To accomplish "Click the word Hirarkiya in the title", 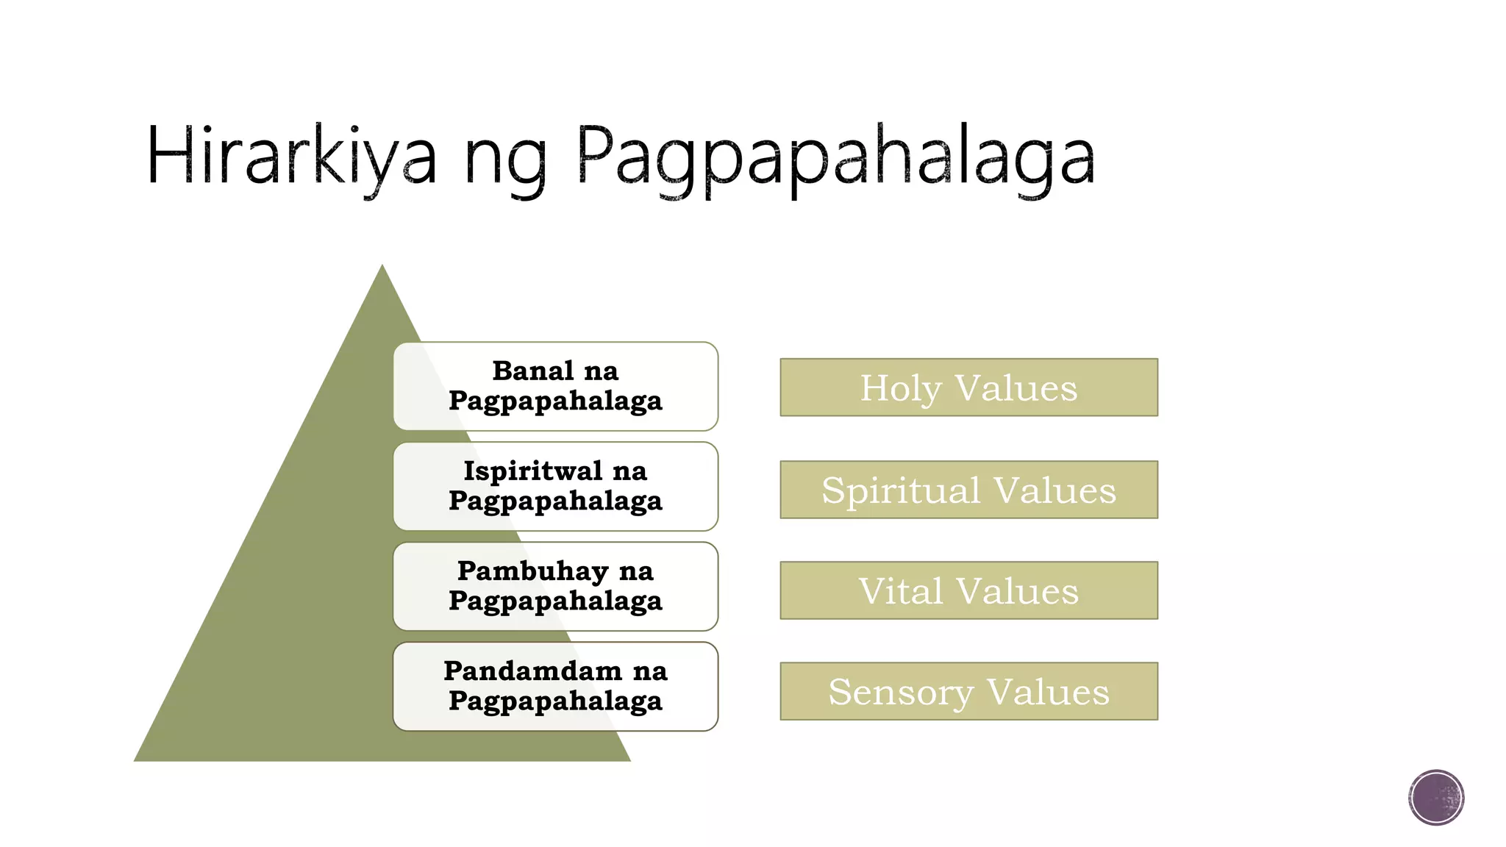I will pos(291,156).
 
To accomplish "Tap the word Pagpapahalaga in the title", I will pos(835,158).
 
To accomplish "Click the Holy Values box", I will pos(968,387).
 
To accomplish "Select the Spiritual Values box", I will pos(968,490).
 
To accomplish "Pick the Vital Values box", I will pos(968,590).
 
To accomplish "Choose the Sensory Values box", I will pos(968,691).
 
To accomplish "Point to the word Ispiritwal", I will pos(533,471).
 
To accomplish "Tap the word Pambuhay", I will pos(533,571).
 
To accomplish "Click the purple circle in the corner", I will pos(1436,798).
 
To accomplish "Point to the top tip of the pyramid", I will pos(382,268).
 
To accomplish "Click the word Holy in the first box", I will pos(901,388).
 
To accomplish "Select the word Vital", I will pos(901,591).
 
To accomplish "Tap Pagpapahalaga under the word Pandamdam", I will pos(555,701).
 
